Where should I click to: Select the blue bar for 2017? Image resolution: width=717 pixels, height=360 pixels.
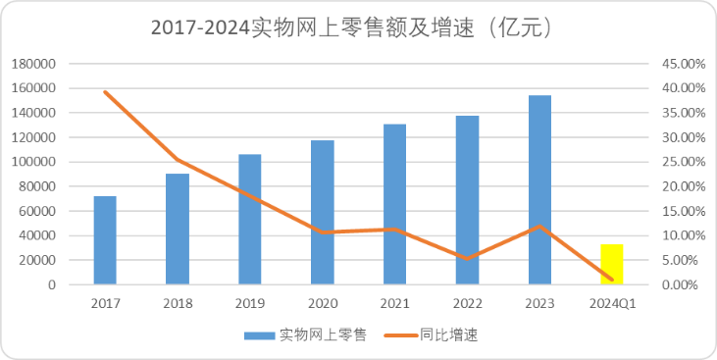pos(105,240)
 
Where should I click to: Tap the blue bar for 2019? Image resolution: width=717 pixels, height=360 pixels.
pos(250,220)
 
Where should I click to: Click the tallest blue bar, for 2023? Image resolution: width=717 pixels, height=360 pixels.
pos(539,190)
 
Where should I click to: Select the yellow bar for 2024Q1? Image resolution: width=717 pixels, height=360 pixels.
pos(612,265)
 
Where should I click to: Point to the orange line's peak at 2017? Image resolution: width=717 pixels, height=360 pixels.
pos(105,92)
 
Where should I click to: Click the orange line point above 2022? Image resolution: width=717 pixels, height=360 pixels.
pos(467,259)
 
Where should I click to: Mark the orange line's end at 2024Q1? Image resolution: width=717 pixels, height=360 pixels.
pos(612,280)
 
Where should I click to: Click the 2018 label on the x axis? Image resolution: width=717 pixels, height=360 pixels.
pos(178,303)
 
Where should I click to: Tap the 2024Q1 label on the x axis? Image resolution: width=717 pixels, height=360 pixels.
pos(612,303)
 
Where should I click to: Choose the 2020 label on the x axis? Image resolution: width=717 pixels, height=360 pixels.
pos(323,303)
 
